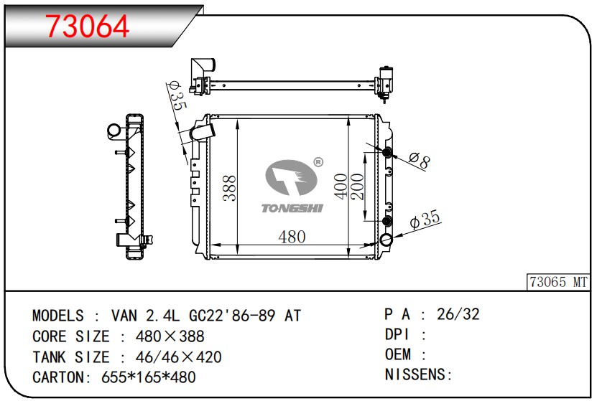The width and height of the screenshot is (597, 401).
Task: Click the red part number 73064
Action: pyautogui.click(x=88, y=27)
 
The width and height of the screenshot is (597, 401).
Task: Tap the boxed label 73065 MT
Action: pyautogui.click(x=558, y=282)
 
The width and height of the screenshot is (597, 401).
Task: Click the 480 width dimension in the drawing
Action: pyautogui.click(x=292, y=237)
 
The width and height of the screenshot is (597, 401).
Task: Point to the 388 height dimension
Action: pyautogui.click(x=230, y=188)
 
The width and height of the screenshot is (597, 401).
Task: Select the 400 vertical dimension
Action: pyautogui.click(x=341, y=186)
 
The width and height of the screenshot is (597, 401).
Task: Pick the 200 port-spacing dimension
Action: pyautogui.click(x=357, y=187)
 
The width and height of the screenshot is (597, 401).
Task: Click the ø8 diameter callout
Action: pyautogui.click(x=420, y=161)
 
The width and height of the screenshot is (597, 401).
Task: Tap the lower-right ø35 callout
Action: pyautogui.click(x=425, y=220)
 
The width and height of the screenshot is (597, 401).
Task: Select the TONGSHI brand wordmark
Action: pyautogui.click(x=292, y=208)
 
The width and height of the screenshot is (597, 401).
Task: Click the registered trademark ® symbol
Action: pyautogui.click(x=318, y=162)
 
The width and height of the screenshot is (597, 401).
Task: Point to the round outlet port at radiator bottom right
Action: pyautogui.click(x=386, y=240)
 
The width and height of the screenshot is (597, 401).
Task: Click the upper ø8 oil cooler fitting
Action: pyautogui.click(x=387, y=153)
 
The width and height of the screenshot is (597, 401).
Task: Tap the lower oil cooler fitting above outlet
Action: pyautogui.click(x=387, y=221)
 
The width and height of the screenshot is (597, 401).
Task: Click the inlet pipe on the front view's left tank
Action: pyautogui.click(x=203, y=131)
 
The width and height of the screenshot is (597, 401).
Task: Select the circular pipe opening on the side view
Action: pyautogui.click(x=114, y=131)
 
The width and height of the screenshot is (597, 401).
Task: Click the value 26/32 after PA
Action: pyautogui.click(x=458, y=314)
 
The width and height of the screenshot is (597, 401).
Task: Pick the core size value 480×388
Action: pyautogui.click(x=170, y=336)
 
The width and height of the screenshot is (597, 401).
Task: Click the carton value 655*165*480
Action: pyautogui.click(x=149, y=377)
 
